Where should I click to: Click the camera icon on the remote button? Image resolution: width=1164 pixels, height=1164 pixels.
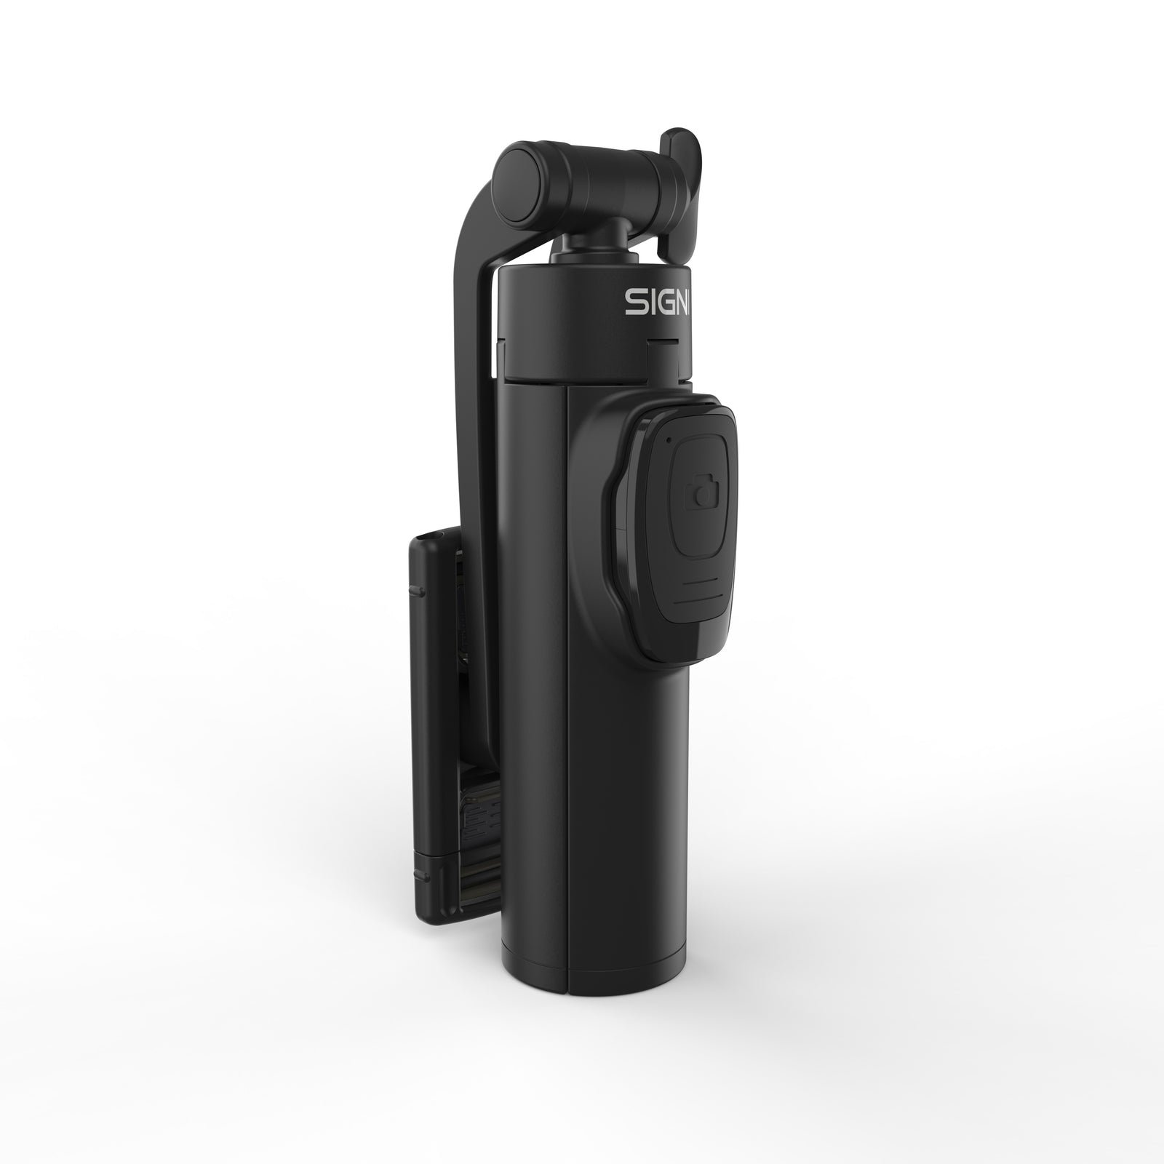[702, 495]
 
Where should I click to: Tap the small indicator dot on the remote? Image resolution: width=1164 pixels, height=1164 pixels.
[666, 440]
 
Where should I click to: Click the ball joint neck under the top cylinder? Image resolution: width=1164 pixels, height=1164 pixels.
[582, 247]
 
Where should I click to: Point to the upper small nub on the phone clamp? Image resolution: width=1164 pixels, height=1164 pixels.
[416, 588]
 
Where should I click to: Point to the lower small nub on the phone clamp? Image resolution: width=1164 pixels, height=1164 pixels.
[416, 869]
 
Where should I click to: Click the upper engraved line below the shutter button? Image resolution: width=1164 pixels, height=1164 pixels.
[702, 581]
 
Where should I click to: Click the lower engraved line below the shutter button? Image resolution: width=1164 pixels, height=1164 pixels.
[695, 603]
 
